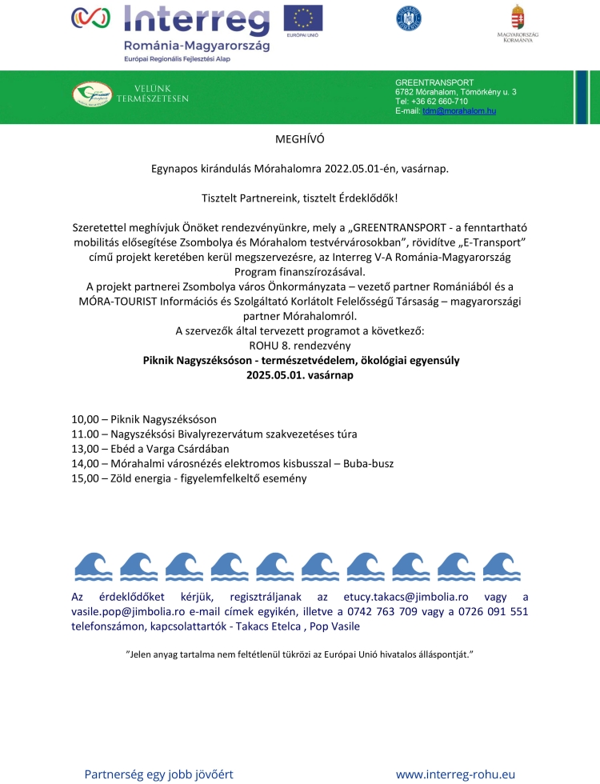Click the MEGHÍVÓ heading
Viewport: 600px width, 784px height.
coord(299,138)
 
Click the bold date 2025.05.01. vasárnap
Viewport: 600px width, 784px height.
coord(299,374)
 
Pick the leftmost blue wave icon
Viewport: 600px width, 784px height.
coord(93,566)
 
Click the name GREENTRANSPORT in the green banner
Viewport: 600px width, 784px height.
coord(434,82)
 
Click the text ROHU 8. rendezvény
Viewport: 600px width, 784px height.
coord(299,345)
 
